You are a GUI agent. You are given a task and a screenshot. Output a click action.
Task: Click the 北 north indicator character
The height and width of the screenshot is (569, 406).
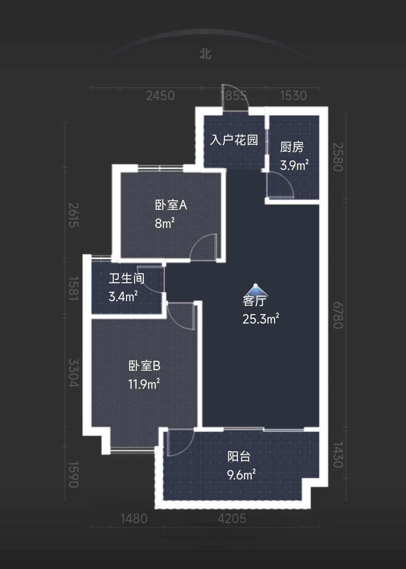click(x=205, y=54)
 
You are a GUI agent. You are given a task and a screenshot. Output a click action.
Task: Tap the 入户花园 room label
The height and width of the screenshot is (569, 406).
click(x=234, y=140)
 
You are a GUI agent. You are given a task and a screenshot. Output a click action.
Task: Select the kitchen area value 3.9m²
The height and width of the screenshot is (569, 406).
click(x=294, y=165)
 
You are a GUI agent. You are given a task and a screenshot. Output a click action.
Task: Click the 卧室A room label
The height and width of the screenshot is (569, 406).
click(x=171, y=205)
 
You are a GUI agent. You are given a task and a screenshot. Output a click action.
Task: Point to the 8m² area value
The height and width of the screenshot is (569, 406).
click(x=165, y=223)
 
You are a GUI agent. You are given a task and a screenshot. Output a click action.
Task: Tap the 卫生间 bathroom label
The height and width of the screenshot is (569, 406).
click(x=126, y=278)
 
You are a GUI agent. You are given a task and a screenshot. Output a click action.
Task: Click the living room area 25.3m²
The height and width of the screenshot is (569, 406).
click(x=261, y=319)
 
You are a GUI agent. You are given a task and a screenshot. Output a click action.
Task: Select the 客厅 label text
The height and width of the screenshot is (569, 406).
click(x=255, y=301)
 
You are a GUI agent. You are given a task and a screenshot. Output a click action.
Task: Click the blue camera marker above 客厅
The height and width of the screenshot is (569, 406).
click(x=256, y=289)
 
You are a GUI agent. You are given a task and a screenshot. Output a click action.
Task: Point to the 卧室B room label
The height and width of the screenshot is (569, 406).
click(x=144, y=366)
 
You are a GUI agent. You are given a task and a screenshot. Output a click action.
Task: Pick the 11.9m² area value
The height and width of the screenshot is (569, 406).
click(x=144, y=384)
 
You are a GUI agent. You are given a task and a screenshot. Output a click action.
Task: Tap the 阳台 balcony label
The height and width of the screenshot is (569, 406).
click(x=239, y=456)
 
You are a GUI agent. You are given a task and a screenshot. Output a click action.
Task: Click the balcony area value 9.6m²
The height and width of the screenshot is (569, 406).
click(x=241, y=474)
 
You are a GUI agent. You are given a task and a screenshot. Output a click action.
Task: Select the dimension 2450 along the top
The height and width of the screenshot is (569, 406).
click(x=161, y=96)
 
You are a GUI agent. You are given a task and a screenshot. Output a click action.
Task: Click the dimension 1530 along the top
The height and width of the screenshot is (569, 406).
click(x=293, y=96)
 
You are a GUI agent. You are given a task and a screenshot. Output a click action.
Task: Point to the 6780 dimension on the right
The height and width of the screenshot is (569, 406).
click(x=338, y=316)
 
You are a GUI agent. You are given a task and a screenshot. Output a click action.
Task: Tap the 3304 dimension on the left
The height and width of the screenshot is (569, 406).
click(x=74, y=373)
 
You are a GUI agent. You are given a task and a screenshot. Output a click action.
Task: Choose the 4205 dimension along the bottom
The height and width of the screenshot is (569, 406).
click(x=232, y=519)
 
